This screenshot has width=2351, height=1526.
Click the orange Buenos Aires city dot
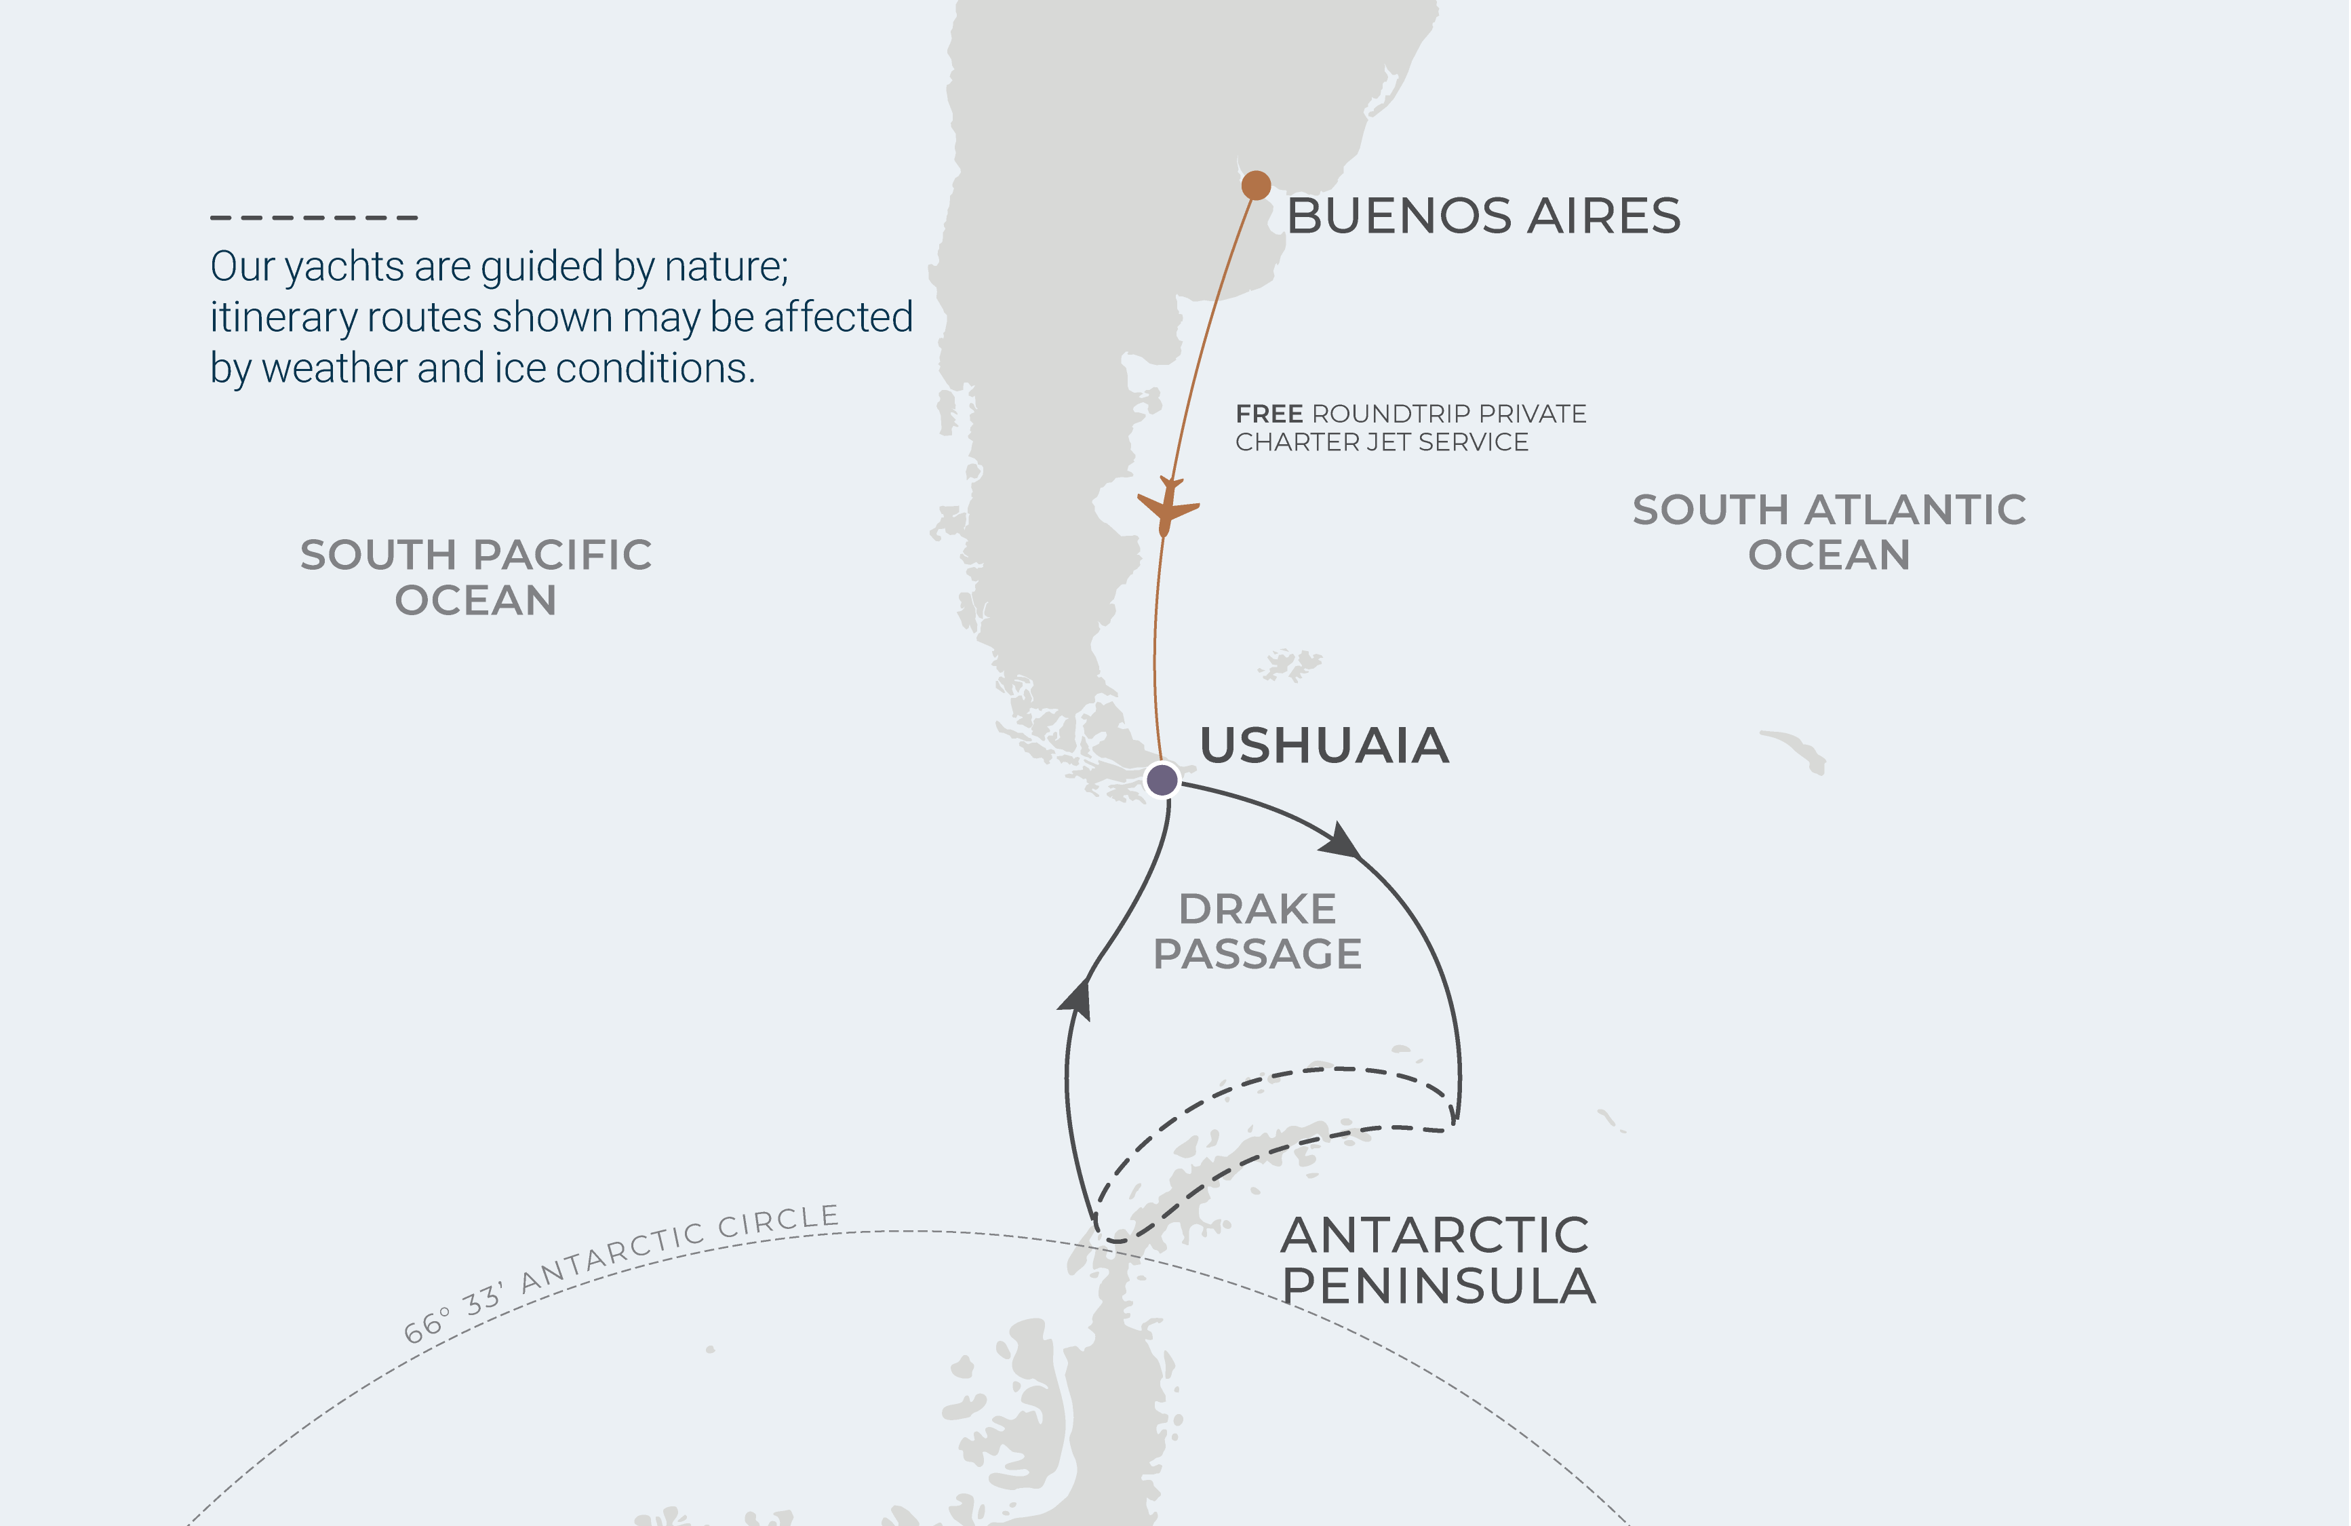tap(1255, 184)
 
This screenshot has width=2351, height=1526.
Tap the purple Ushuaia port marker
tap(1162, 779)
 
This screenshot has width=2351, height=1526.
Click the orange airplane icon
tap(1168, 507)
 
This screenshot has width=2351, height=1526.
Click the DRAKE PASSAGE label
tap(1257, 931)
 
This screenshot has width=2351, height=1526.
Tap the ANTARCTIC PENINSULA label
tap(1438, 1260)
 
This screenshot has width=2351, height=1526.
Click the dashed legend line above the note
tap(314, 217)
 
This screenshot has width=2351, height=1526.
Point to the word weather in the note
tap(335, 368)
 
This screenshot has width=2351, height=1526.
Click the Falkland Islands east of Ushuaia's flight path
tap(1290, 665)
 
